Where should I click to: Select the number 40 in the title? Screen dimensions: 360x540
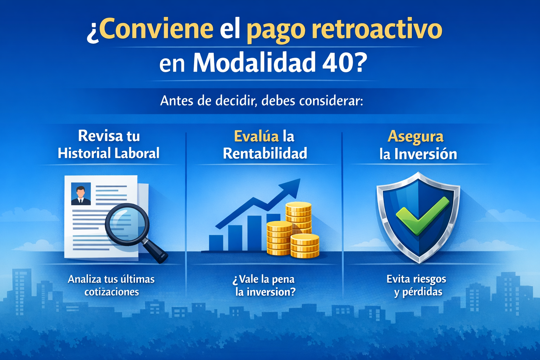click(x=336, y=63)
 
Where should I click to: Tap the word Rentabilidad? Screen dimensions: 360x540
click(x=265, y=154)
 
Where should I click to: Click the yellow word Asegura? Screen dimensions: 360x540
click(x=416, y=137)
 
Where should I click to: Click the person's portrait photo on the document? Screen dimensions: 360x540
click(x=81, y=194)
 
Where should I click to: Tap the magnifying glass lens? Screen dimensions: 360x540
click(x=127, y=224)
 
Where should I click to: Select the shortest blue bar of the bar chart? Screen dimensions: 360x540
click(x=216, y=243)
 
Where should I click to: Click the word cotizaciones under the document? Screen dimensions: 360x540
click(x=111, y=292)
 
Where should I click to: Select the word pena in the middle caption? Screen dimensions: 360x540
click(x=283, y=279)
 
